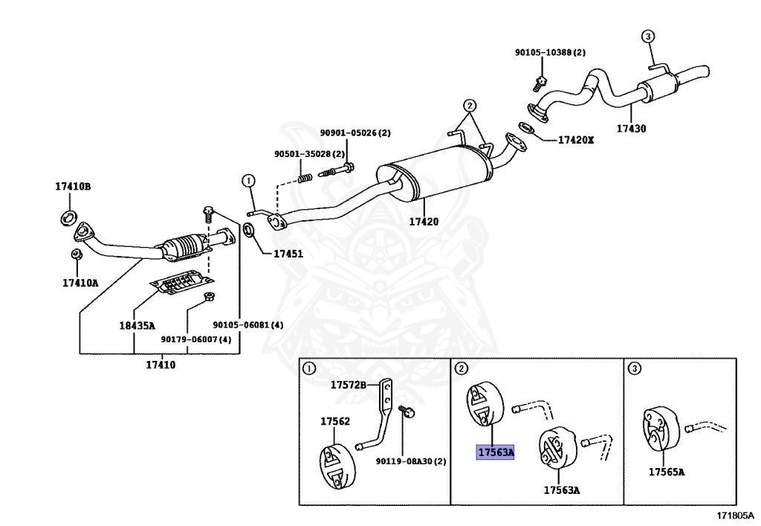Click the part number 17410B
[73, 187]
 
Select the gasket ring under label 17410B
[69, 218]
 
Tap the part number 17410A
[80, 283]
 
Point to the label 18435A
[137, 325]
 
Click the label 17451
[288, 254]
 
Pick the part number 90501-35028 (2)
[309, 154]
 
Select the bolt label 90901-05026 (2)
[355, 132]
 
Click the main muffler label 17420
[424, 222]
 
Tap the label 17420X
[576, 140]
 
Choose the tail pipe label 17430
[632, 129]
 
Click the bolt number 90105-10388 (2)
[551, 53]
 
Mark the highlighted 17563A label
[495, 452]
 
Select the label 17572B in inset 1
[349, 385]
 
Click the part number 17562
[335, 422]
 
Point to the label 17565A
[667, 472]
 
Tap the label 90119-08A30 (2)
[410, 461]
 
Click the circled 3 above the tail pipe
[648, 36]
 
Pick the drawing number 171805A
[736, 516]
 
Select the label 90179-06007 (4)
[196, 339]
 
